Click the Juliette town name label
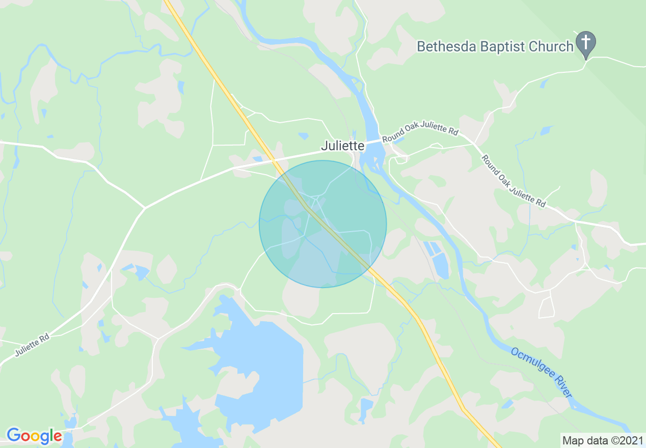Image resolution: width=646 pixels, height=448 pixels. pyautogui.click(x=342, y=146)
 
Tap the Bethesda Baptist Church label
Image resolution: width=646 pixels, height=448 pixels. pyautogui.click(x=495, y=47)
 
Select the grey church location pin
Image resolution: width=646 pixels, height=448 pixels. pyautogui.click(x=586, y=44)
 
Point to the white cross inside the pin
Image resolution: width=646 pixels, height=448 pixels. pyautogui.click(x=586, y=41)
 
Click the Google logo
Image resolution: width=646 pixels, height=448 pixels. pyautogui.click(x=34, y=436)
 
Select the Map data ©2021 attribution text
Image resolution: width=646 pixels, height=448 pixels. pyautogui.click(x=602, y=440)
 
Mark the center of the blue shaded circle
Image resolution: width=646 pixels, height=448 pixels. pyautogui.click(x=322, y=224)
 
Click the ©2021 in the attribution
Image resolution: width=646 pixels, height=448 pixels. pyautogui.click(x=625, y=440)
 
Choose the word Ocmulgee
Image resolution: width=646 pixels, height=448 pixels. pyautogui.click(x=533, y=365)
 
